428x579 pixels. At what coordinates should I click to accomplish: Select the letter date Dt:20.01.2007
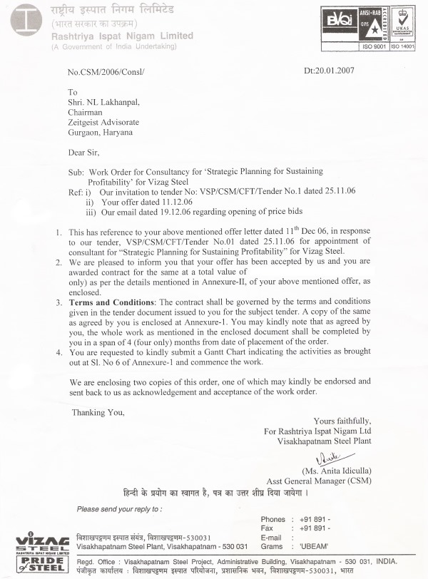[329, 70]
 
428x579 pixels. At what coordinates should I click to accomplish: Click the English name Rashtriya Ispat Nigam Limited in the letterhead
[122, 36]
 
